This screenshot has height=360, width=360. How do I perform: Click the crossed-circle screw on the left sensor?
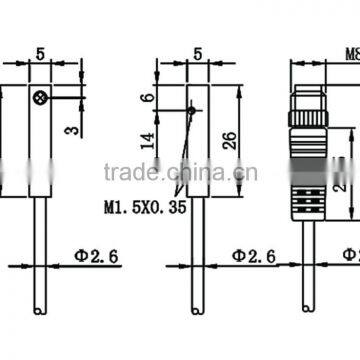tap(39, 97)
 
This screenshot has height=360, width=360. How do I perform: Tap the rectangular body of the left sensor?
tap(41, 150)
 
